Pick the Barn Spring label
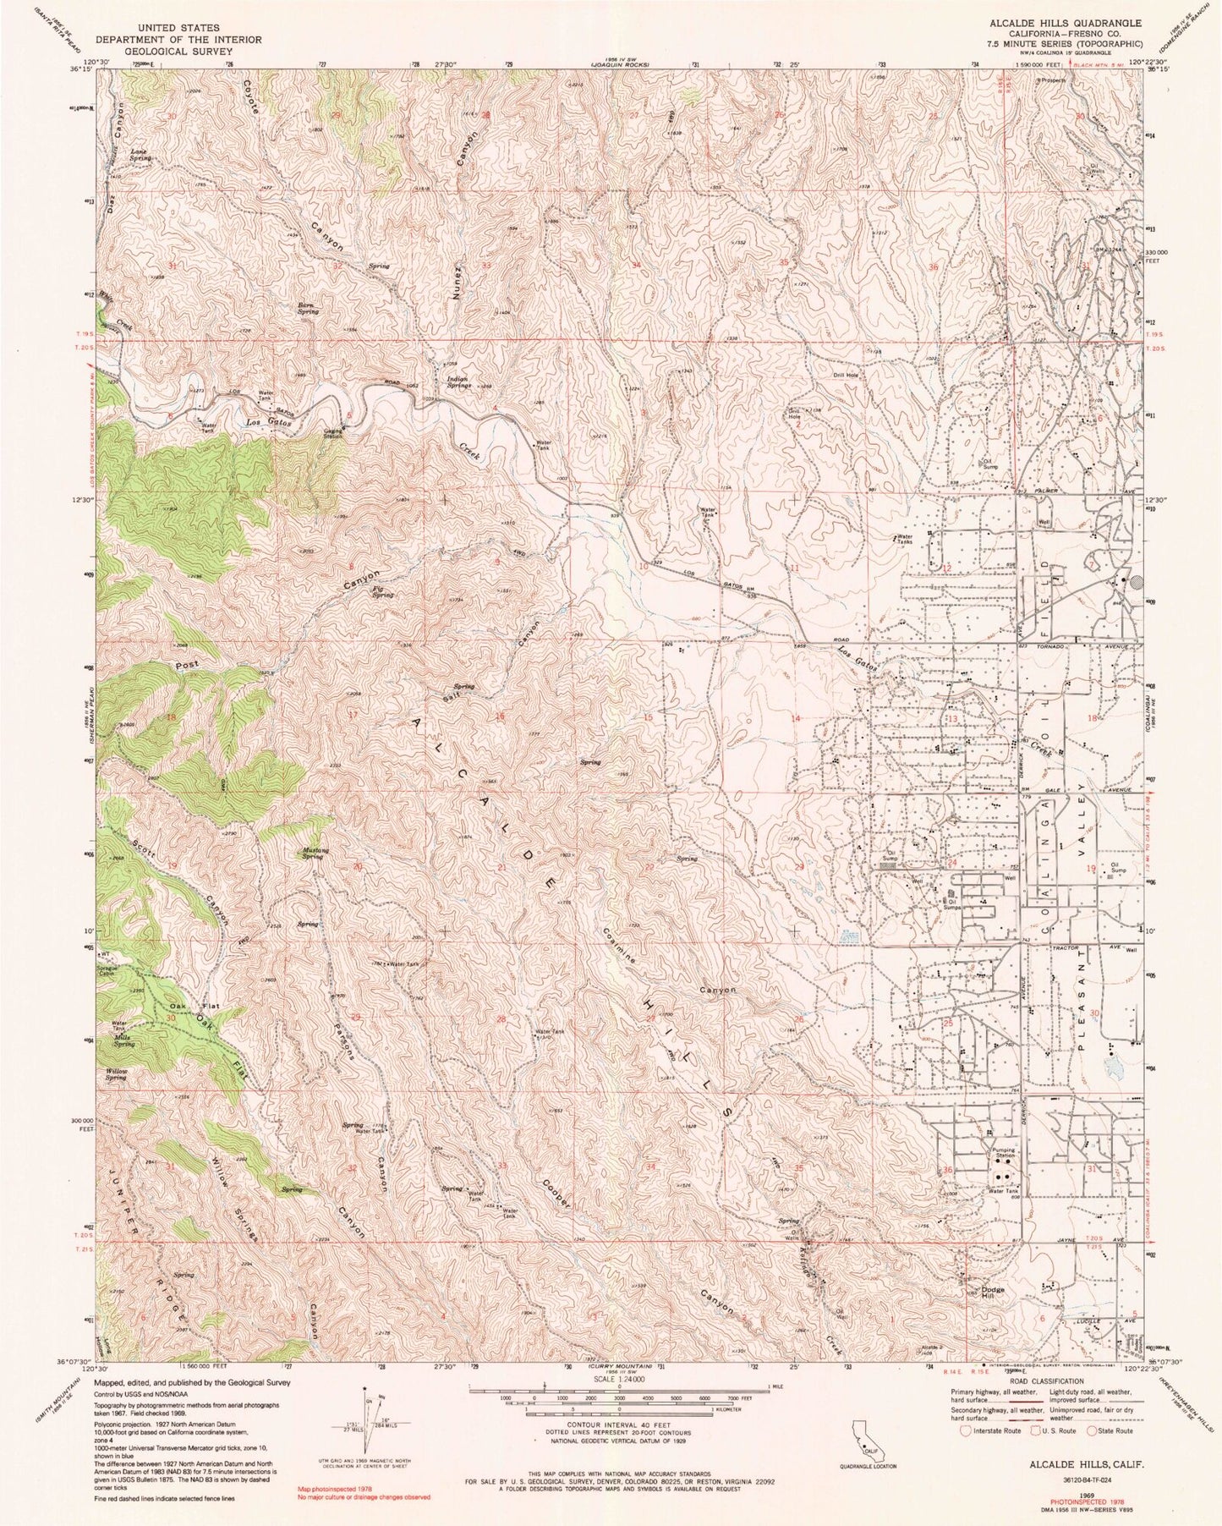pyautogui.click(x=308, y=309)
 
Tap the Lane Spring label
pyautogui.click(x=140, y=155)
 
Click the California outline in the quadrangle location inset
pyautogui.click(x=869, y=1437)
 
